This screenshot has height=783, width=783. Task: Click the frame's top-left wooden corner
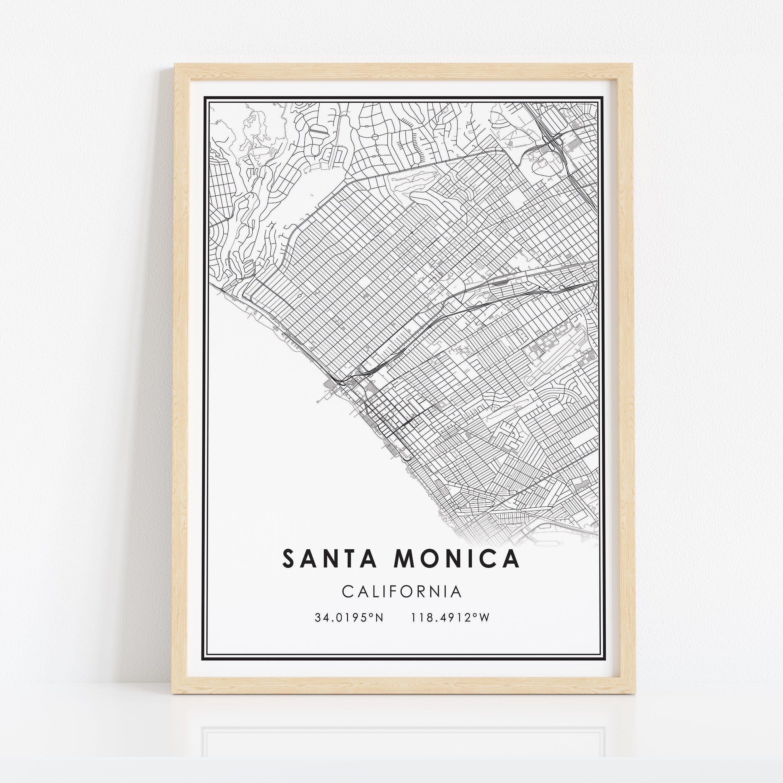[x=182, y=71]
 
